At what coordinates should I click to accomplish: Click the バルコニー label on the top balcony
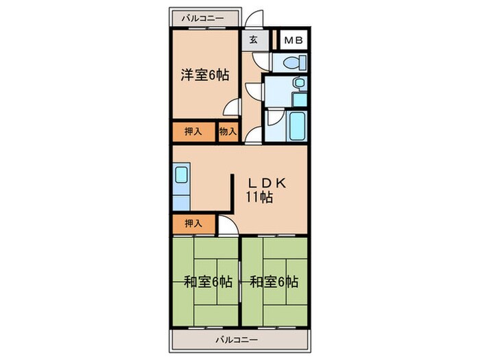coord(202,19)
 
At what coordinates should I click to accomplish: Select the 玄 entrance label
coord(252,40)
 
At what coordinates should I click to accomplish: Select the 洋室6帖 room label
coord(204,76)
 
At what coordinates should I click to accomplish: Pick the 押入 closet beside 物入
coord(193,131)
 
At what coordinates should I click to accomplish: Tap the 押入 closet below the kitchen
coord(193,223)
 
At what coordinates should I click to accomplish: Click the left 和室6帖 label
coord(208,281)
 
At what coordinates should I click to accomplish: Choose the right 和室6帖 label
coord(274,281)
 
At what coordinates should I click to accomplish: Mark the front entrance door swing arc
coord(255,19)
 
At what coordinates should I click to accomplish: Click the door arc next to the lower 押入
coord(226,224)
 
